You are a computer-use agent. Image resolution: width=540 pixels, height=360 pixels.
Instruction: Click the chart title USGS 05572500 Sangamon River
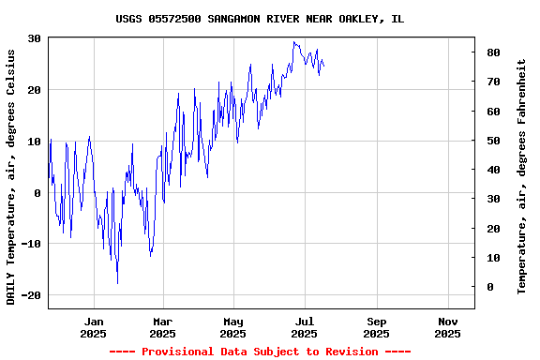(260, 19)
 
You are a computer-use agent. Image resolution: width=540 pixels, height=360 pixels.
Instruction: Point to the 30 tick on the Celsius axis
(34, 38)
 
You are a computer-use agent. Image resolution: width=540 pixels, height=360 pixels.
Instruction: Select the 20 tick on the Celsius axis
(34, 90)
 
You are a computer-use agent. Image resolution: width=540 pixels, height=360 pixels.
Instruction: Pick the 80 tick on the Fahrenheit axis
(491, 52)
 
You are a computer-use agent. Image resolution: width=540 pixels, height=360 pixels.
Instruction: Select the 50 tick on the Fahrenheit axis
(491, 141)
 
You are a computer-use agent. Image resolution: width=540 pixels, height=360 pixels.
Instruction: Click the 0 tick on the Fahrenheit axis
(488, 287)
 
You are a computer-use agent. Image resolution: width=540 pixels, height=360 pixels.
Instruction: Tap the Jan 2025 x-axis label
(93, 327)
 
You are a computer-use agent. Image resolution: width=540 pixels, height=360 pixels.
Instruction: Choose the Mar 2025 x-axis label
(162, 327)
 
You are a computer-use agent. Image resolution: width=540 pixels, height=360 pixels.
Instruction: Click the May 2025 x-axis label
(233, 327)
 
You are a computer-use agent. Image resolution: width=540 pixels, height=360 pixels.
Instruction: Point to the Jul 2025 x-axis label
(304, 327)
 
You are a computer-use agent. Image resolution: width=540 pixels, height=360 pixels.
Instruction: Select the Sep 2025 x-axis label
(376, 327)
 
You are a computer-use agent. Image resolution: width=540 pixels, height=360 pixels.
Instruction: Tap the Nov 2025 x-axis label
(447, 327)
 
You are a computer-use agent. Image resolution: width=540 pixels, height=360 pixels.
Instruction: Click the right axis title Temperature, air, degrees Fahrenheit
(521, 176)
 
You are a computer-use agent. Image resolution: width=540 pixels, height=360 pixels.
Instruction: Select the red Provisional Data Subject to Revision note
(260, 352)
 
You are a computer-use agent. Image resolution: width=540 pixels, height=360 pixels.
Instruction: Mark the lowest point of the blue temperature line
(117, 283)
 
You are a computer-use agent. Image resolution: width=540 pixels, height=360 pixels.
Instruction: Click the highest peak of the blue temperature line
(293, 41)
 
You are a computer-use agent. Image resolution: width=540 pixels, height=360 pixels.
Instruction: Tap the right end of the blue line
(324, 66)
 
